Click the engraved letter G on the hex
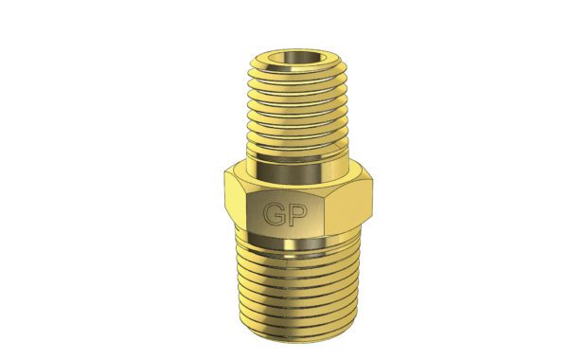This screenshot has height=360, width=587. click(x=274, y=214)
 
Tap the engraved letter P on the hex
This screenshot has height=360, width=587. click(x=298, y=215)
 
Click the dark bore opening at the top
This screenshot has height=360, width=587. click(x=297, y=58)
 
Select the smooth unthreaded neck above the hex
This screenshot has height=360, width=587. click(x=298, y=171)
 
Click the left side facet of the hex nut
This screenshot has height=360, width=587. click(x=236, y=200)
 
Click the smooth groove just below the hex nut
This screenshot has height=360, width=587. click(x=298, y=243)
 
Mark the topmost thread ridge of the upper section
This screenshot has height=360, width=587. click(x=298, y=72)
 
